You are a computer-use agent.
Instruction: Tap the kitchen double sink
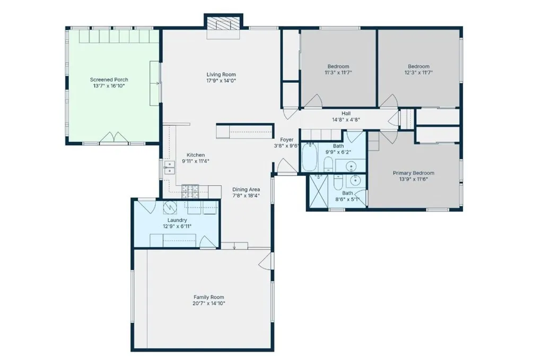coord(169,168)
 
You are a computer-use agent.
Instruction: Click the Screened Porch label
coord(109,80)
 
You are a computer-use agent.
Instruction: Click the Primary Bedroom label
coord(413,173)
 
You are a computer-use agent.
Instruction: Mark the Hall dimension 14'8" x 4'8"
coord(346,120)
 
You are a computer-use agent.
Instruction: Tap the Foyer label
coord(286,139)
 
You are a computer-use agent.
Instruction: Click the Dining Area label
coord(246,189)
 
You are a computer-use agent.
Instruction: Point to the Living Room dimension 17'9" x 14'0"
coord(221,81)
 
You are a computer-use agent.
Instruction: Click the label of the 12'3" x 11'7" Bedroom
coord(418,66)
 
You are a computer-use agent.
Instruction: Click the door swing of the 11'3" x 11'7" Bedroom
coord(313,101)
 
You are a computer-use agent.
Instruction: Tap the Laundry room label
coord(177,219)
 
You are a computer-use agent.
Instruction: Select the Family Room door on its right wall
coord(268,260)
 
